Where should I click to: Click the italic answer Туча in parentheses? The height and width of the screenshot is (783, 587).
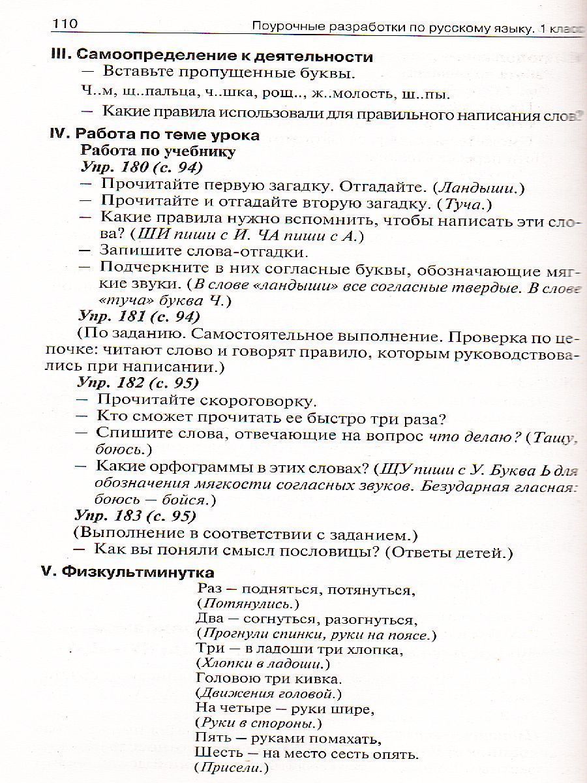460,204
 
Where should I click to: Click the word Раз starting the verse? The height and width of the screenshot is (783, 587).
209,589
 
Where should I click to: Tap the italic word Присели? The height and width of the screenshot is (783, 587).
233,769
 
